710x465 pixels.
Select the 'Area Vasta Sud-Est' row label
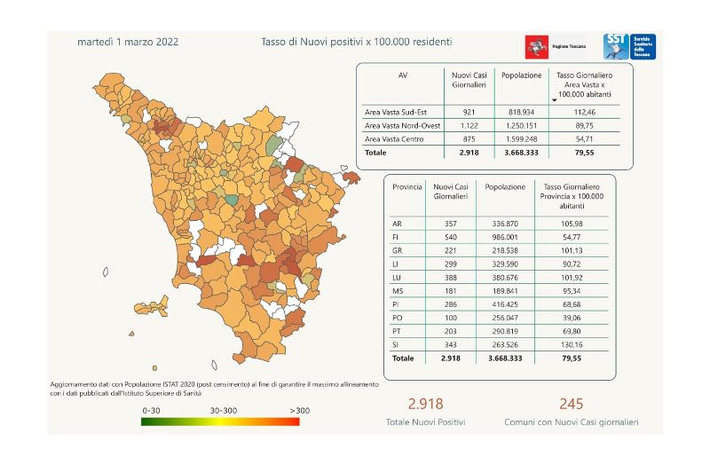click(398, 113)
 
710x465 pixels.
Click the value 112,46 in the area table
click(583, 113)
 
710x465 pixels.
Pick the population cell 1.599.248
click(521, 139)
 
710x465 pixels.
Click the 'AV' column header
click(403, 75)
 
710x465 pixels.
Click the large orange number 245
click(571, 404)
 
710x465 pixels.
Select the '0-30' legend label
click(152, 411)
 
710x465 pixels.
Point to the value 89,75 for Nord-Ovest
click(583, 126)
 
